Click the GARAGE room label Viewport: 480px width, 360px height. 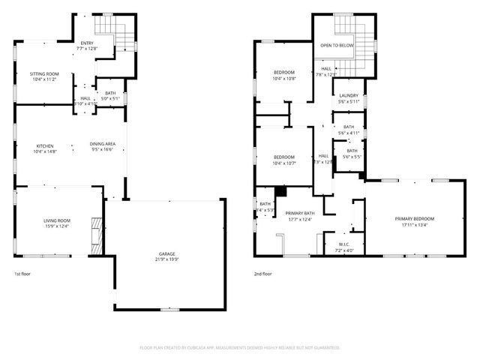[168, 253]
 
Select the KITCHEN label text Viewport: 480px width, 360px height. [45, 145]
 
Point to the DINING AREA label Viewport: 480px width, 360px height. [102, 145]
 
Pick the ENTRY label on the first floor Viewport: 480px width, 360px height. [88, 43]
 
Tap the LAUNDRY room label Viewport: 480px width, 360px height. [347, 95]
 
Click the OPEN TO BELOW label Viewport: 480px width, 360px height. [337, 46]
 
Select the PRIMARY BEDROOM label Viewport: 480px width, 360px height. [414, 218]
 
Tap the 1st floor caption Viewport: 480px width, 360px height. [23, 274]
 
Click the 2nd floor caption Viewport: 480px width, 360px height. [263, 274]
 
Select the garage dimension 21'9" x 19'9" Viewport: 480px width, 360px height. [168, 259]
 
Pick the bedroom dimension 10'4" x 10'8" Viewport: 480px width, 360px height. [284, 78]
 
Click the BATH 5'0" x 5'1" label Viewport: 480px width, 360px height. [110, 95]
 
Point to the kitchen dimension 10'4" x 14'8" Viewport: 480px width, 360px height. [45, 151]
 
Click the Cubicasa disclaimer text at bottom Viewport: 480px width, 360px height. [240, 348]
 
